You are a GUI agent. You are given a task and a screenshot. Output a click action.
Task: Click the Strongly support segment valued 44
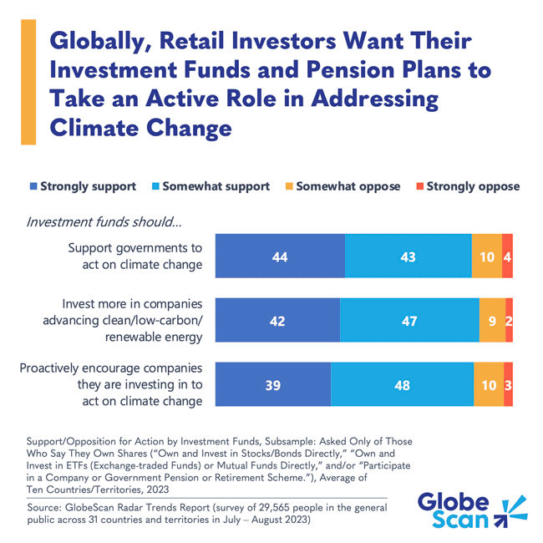[280, 256]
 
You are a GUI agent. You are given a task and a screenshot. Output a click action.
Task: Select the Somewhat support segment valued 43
[407, 256]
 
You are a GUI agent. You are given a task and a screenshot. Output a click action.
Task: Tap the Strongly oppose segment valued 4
[507, 256]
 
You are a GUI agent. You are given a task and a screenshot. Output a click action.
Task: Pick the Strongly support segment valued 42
[277, 320]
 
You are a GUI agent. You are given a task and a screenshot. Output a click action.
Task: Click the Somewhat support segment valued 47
[409, 320]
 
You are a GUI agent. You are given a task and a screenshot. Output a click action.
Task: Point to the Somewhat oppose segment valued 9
[492, 320]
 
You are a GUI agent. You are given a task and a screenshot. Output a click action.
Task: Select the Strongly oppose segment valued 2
[509, 320]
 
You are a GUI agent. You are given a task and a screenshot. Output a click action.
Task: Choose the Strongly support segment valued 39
[273, 384]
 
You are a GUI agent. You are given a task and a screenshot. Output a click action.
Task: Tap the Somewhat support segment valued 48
[402, 384]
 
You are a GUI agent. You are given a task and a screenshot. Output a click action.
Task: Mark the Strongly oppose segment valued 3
[508, 384]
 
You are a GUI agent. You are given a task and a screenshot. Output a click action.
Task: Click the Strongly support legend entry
[84, 185]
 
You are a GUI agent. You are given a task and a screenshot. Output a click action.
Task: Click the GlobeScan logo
[470, 511]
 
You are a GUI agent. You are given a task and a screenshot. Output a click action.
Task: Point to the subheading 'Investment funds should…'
[104, 221]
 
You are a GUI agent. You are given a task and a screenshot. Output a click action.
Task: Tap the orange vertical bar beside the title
[28, 83]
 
